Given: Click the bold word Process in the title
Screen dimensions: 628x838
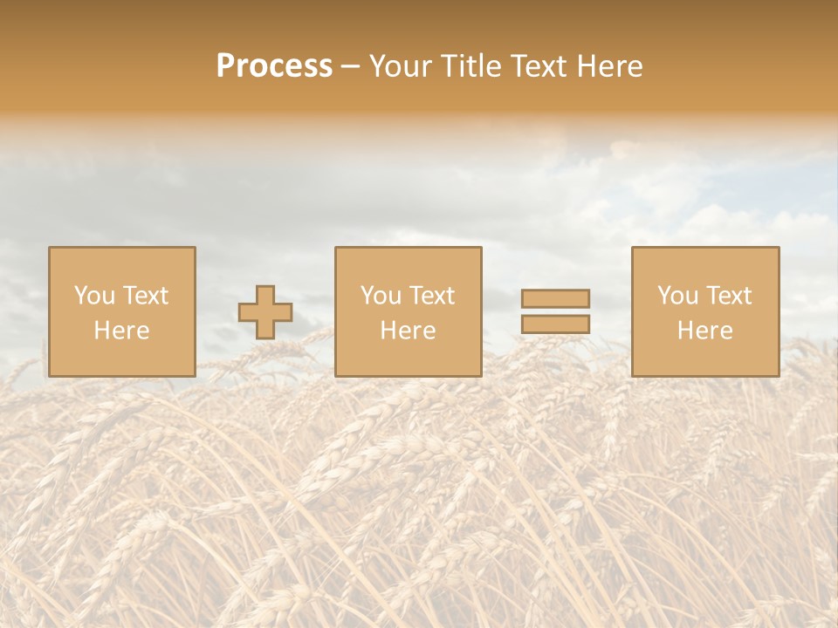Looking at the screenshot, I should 274,66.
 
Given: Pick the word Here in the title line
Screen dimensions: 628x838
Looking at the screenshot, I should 615,66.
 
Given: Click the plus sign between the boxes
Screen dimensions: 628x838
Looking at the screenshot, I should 265,312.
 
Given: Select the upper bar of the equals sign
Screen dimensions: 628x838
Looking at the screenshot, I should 555,298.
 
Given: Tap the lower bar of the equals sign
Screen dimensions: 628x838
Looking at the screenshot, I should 555,324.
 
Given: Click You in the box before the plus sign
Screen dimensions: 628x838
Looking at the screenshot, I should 94,296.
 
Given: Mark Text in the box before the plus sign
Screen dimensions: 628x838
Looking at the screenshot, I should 144,296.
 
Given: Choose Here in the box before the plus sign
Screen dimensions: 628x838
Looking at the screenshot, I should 121,331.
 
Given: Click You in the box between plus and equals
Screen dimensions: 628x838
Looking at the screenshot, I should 381,296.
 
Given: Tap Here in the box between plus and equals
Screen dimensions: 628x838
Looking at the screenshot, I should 408,331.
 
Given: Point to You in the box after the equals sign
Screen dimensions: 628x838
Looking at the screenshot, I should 677,296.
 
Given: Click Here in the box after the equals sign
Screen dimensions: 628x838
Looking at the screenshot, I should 704,331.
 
